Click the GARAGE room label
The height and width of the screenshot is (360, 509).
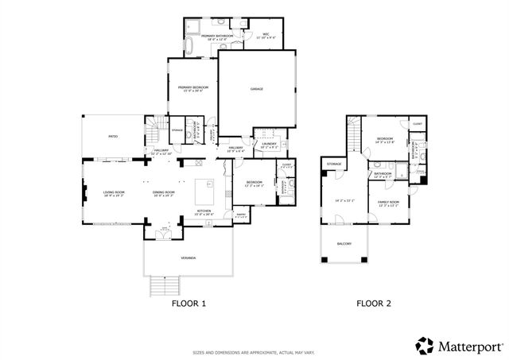256,89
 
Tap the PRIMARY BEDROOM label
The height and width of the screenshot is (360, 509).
193,87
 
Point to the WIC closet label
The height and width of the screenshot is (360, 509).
267,34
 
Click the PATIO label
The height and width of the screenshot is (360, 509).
113,137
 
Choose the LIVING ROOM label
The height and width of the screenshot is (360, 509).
114,192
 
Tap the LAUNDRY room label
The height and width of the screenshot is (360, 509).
270,144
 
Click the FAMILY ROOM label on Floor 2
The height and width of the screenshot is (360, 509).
387,203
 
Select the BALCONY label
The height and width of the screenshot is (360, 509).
344,245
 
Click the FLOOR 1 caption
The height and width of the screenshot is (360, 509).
188,303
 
